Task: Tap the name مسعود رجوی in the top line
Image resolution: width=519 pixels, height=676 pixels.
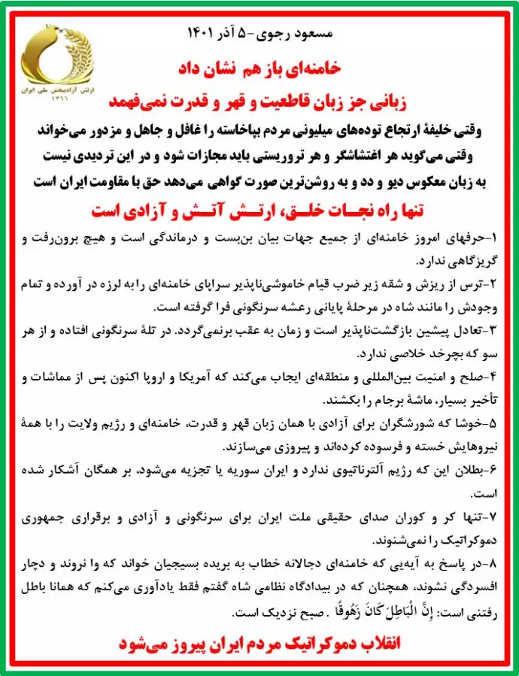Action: pos(302,34)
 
